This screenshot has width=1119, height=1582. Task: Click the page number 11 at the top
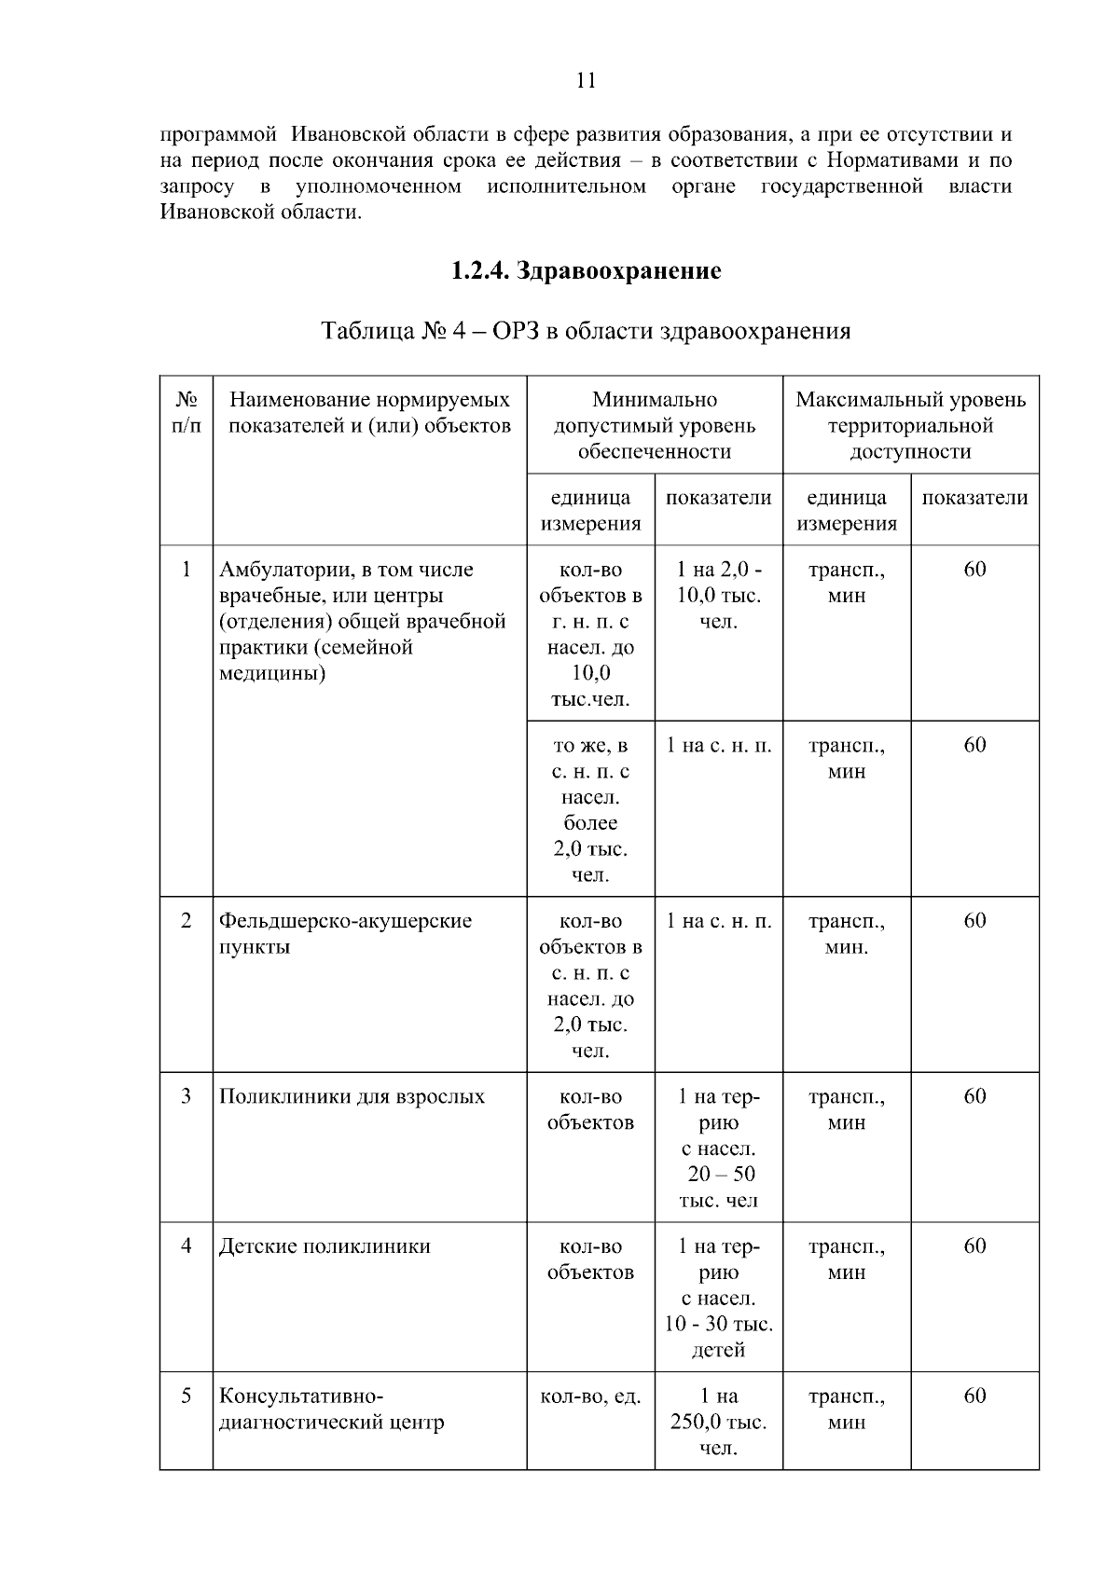coord(586,80)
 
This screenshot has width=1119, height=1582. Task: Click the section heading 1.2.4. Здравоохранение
coord(586,271)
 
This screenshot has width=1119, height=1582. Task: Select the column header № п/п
coord(186,412)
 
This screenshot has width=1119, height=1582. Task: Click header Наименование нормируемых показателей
coord(370,412)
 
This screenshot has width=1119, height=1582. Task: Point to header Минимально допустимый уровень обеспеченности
coord(655,425)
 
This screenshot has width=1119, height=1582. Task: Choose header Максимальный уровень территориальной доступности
coord(910,425)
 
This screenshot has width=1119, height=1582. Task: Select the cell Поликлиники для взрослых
coord(352,1096)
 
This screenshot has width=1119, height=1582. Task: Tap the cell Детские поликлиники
coord(325,1246)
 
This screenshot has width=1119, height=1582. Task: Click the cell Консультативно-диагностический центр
coord(331,1409)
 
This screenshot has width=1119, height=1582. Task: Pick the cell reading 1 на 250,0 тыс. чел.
coord(718,1422)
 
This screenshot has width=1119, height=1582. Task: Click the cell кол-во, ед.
coord(590,1396)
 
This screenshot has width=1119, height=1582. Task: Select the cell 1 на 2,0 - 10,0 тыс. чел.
coord(718,596)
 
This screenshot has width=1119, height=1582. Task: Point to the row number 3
coord(186,1096)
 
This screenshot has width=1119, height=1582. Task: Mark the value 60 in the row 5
coord(974,1396)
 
